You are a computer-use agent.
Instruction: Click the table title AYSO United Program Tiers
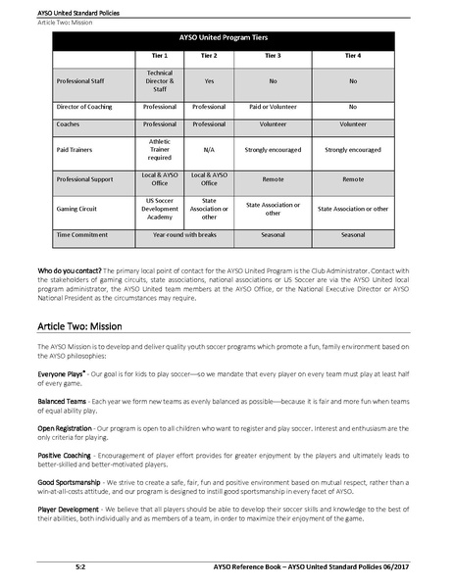coord(227,39)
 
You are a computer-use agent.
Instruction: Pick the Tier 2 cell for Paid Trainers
coord(209,151)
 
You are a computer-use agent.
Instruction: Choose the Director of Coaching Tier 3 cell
coord(273,106)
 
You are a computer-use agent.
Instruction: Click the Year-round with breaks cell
coord(184,235)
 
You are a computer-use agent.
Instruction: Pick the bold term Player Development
coord(71,510)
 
